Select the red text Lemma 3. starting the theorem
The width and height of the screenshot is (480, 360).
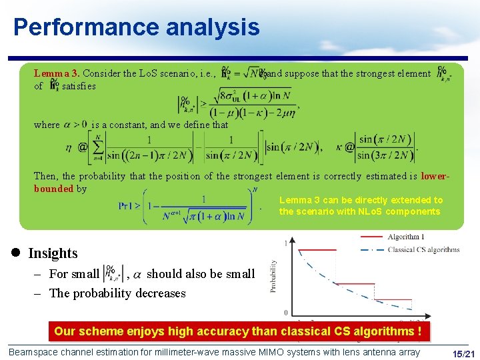57,73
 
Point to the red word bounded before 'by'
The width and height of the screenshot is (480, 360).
53,189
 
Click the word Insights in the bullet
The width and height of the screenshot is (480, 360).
53,253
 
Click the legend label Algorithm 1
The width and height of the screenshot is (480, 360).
405,237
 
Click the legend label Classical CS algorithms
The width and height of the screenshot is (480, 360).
424,249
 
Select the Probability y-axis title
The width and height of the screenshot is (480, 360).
273,277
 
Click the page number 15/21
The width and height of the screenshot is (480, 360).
463,352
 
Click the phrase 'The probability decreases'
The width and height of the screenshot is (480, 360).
117,293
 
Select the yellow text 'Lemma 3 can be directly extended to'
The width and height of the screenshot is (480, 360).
361,200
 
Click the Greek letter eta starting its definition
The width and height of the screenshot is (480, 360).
69,146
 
